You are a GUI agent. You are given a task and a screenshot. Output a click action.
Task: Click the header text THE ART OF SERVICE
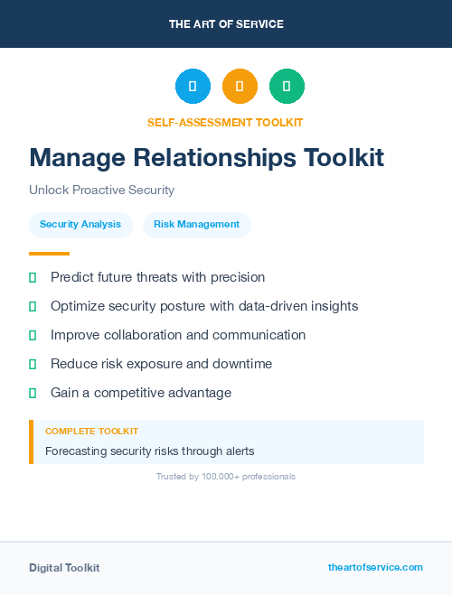[226, 24]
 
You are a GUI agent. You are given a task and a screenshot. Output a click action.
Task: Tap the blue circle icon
[193, 87]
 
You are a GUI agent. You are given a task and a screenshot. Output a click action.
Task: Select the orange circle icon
[240, 87]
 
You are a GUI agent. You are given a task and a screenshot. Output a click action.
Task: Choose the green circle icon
[287, 87]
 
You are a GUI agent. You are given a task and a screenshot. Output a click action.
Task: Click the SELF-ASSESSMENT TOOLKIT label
[225, 122]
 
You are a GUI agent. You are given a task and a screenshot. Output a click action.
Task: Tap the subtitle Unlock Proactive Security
[101, 191]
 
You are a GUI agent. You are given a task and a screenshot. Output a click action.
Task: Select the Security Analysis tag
[80, 225]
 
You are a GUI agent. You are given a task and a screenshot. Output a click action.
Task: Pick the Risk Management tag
[196, 225]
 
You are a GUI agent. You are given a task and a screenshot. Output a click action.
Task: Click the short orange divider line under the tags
[49, 254]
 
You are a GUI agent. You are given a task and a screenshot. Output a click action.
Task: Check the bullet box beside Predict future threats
[33, 278]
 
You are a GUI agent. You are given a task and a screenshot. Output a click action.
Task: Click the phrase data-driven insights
[302, 306]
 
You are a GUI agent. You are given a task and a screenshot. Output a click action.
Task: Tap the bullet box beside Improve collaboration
[33, 336]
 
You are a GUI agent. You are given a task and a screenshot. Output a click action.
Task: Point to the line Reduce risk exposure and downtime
[161, 364]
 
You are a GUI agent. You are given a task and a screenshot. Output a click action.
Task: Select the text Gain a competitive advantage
[141, 393]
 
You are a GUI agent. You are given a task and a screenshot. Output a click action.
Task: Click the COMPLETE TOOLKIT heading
[91, 432]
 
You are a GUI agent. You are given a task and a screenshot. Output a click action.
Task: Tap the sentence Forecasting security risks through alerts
[150, 451]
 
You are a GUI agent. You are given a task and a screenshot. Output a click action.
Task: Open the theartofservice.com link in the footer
[375, 567]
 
